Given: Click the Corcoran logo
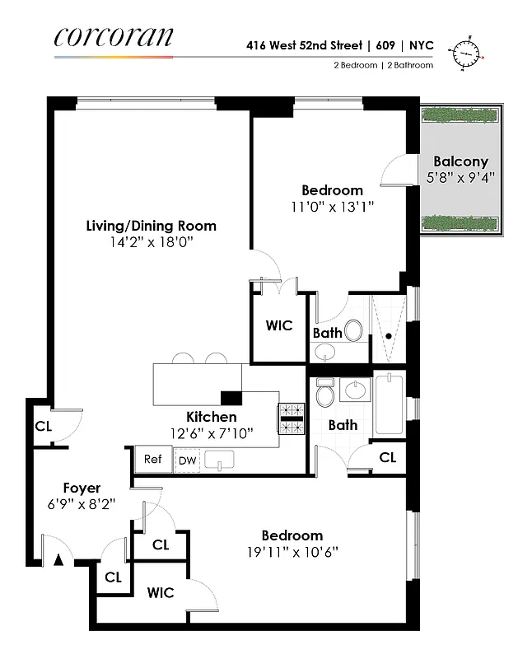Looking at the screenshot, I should pos(114,37).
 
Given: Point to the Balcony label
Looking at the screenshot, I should pos(460,161).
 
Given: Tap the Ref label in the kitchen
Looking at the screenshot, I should pos(153,460).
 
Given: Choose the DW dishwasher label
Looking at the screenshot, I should pos(187,460).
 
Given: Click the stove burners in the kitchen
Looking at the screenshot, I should pos(292,418).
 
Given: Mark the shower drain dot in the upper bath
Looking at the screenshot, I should pos(388,335).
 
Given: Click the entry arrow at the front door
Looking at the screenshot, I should pos(58,560).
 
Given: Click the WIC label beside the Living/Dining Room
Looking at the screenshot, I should pos(279,325).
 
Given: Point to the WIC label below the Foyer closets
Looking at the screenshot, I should pos(161,592).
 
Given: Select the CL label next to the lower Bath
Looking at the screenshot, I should pos(387,457).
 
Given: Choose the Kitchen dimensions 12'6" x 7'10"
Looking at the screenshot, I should pos(211,432).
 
